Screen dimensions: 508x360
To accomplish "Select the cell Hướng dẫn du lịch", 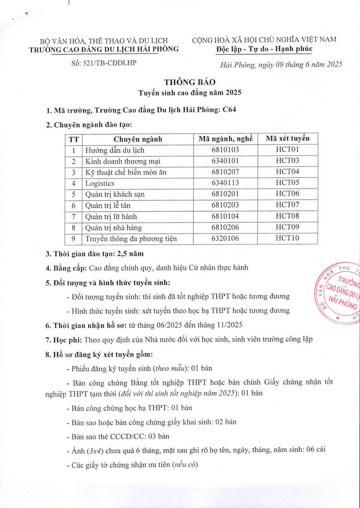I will (115, 150).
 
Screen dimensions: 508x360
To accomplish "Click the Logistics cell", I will (100, 183).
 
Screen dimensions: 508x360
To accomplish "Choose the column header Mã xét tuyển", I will (287, 139).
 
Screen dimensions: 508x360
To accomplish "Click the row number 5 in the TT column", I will (73, 194).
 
